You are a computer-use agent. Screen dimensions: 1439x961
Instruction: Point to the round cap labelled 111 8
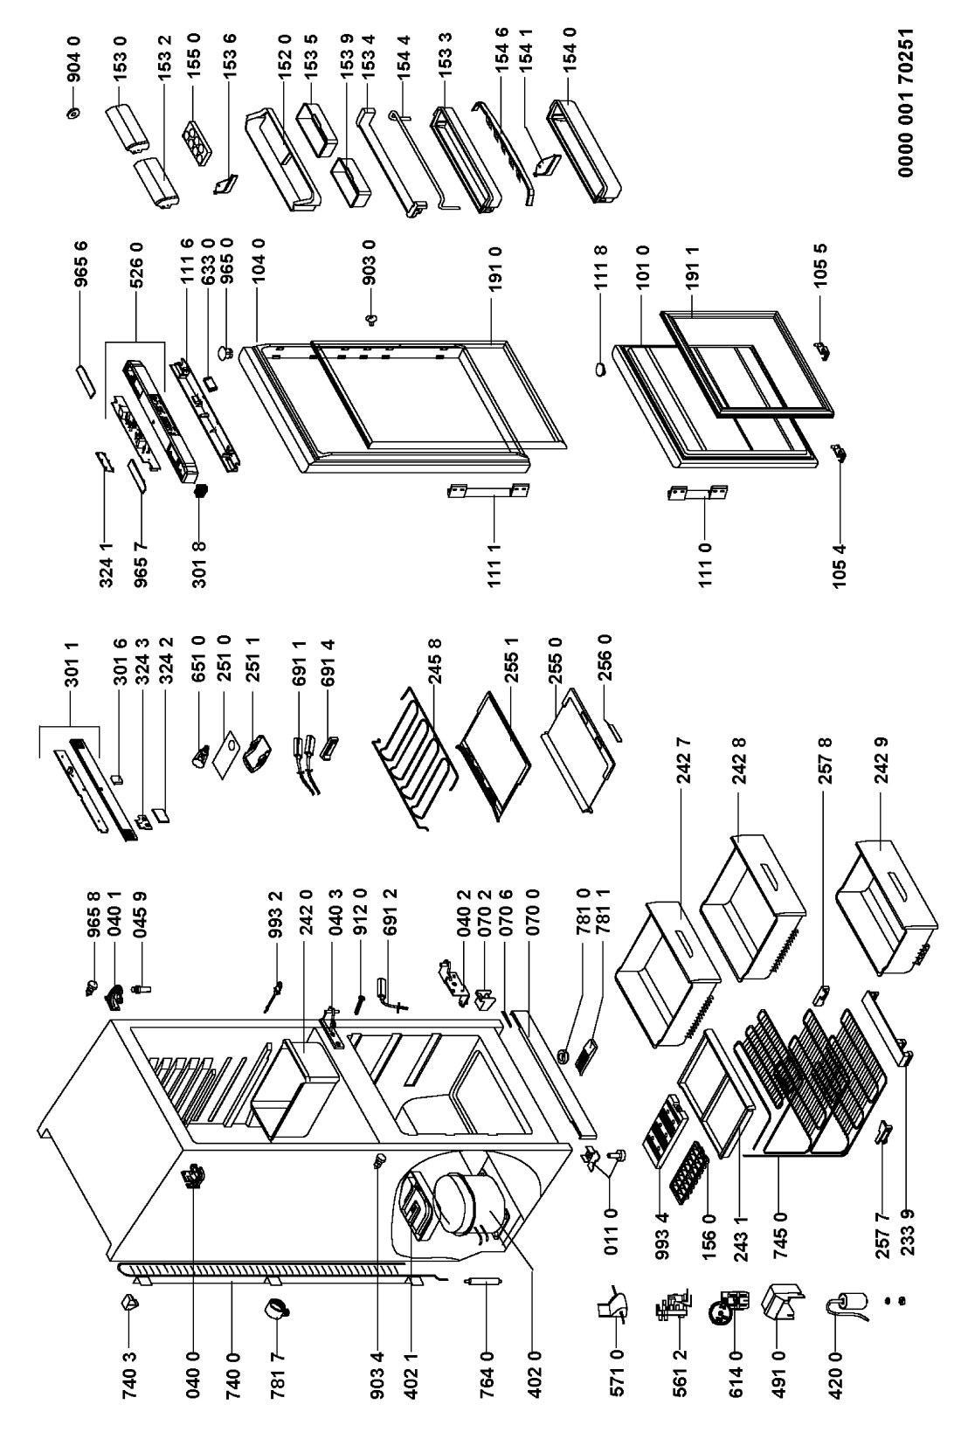click(598, 369)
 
